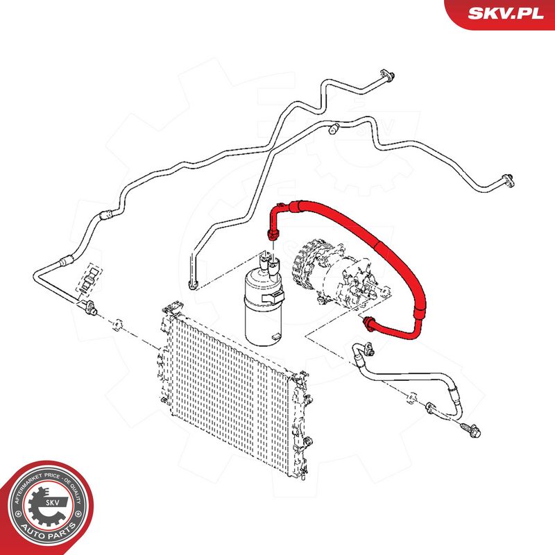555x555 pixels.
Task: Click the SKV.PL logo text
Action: [506, 13]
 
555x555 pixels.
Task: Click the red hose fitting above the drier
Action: [273, 234]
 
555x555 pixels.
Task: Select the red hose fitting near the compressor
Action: [369, 324]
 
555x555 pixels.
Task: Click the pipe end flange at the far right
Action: [509, 180]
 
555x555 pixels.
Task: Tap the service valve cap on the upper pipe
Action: [334, 129]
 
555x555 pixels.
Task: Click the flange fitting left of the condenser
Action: [89, 306]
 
